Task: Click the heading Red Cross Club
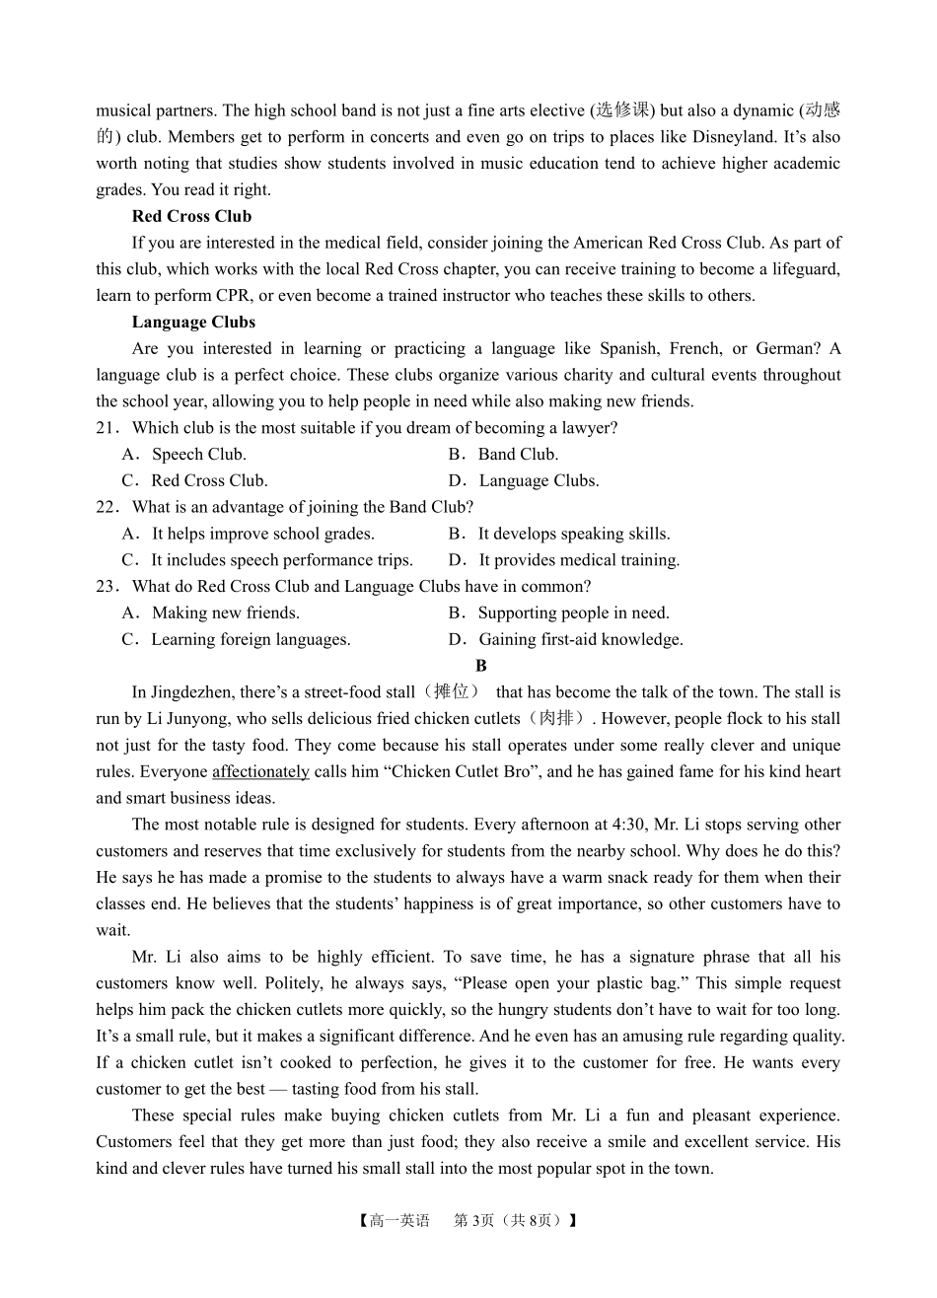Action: (191, 216)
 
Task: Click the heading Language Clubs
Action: (193, 322)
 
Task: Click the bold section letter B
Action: (481, 666)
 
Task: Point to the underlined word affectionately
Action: (260, 772)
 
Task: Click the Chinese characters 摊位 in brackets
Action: (455, 692)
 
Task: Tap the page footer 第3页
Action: (473, 1220)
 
